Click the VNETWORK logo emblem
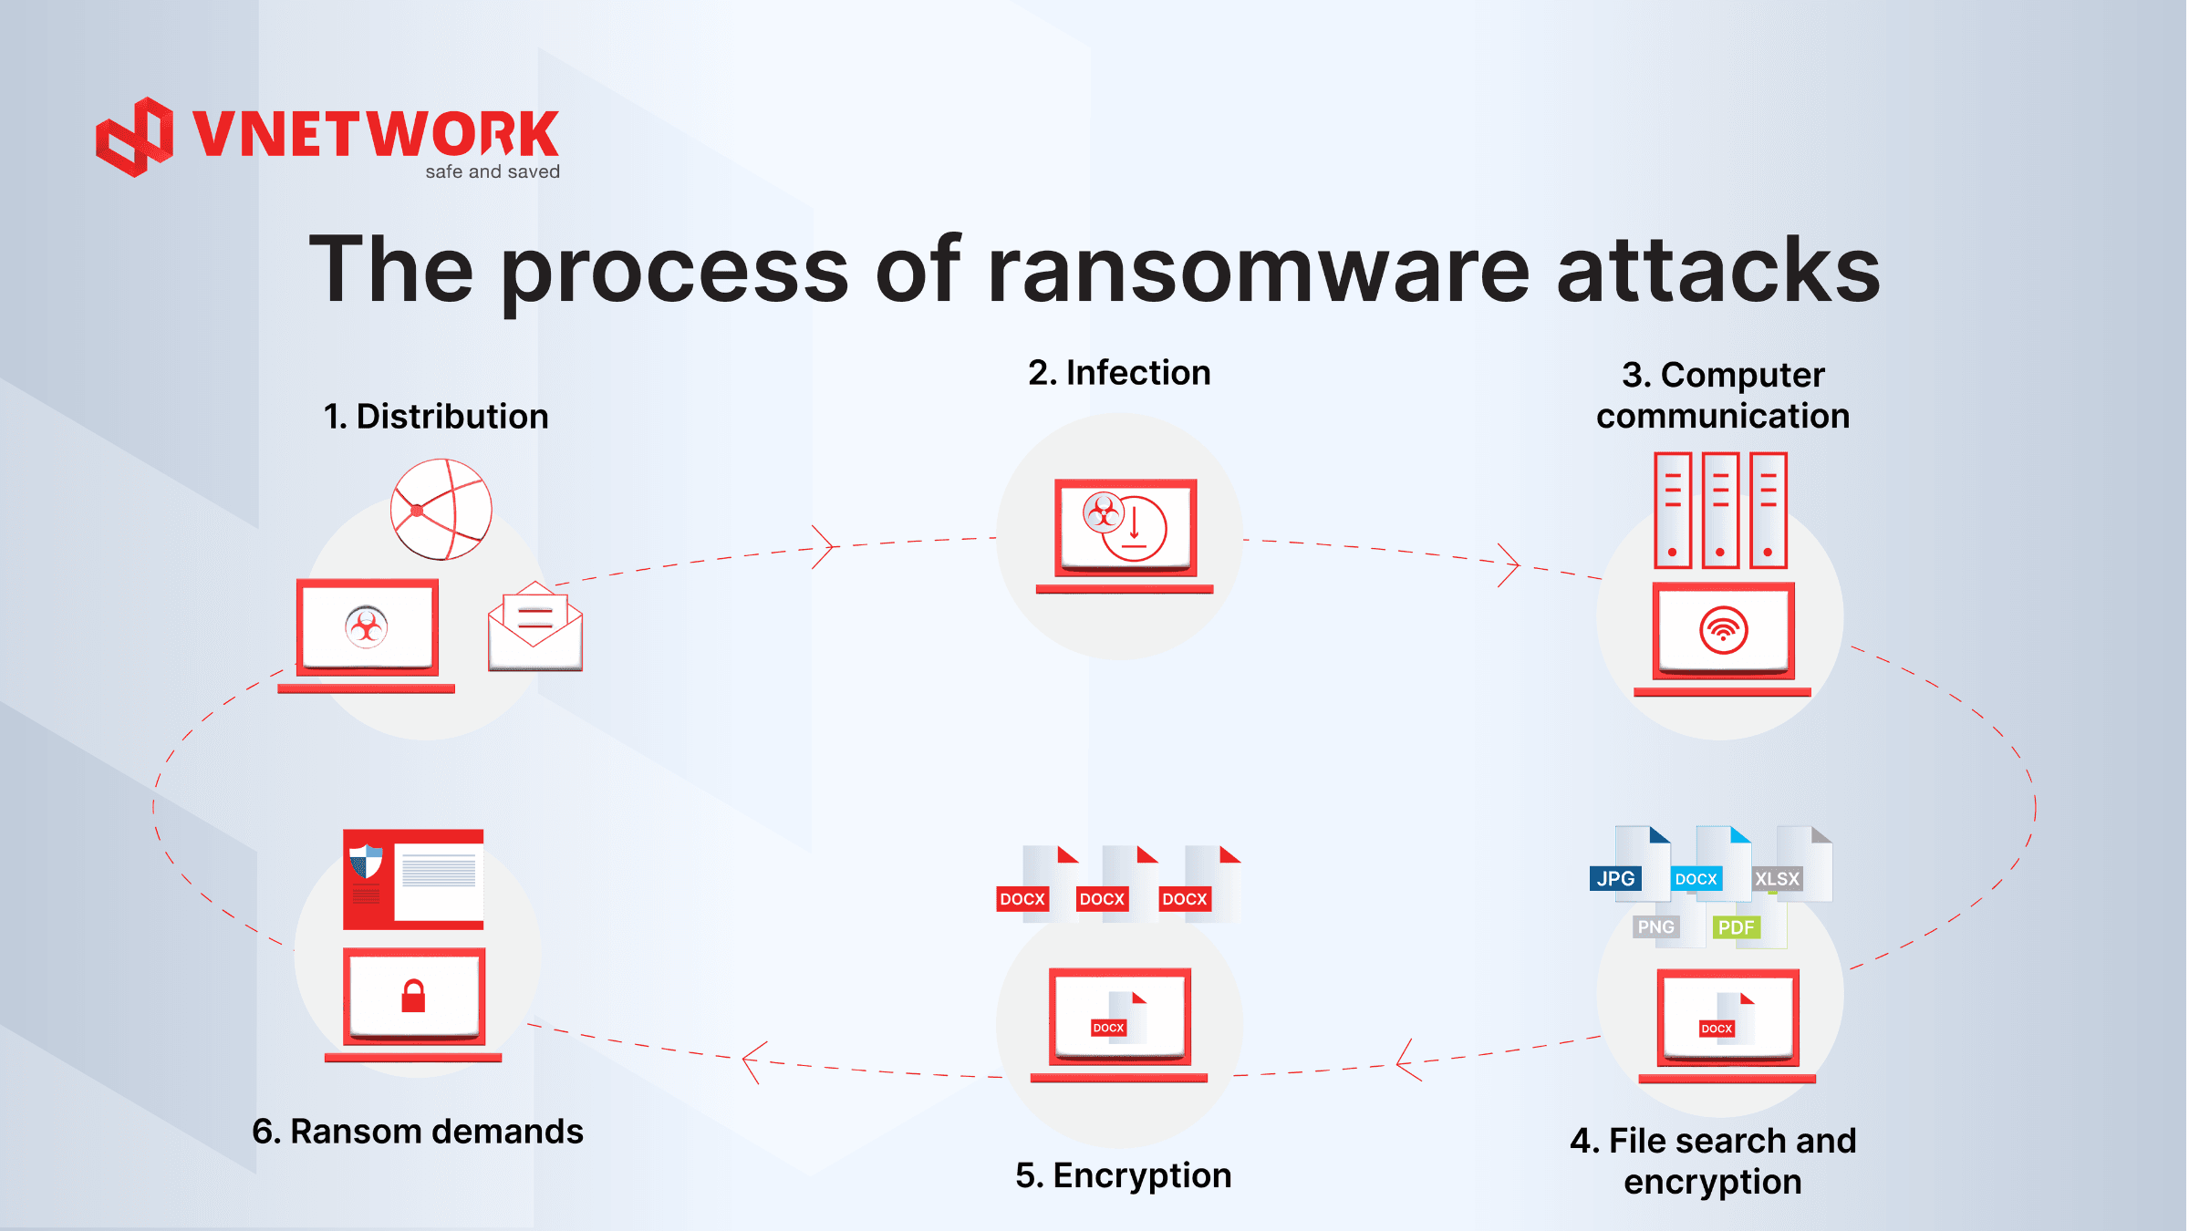point(135,137)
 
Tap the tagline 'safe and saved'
point(493,171)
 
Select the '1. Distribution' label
point(436,417)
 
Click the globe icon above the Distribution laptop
point(441,509)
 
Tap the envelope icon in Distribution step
point(535,627)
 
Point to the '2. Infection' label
point(1119,373)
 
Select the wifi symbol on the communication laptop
point(1723,630)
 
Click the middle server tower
point(1720,511)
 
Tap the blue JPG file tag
point(1615,878)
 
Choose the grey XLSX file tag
point(1777,879)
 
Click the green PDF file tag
point(1736,927)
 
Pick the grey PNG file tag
point(1655,926)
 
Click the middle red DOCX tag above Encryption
point(1102,899)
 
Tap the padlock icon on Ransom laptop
point(413,996)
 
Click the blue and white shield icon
point(367,861)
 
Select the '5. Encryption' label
point(1123,1175)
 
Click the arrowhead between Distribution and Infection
point(825,547)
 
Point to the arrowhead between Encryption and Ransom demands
point(752,1060)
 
